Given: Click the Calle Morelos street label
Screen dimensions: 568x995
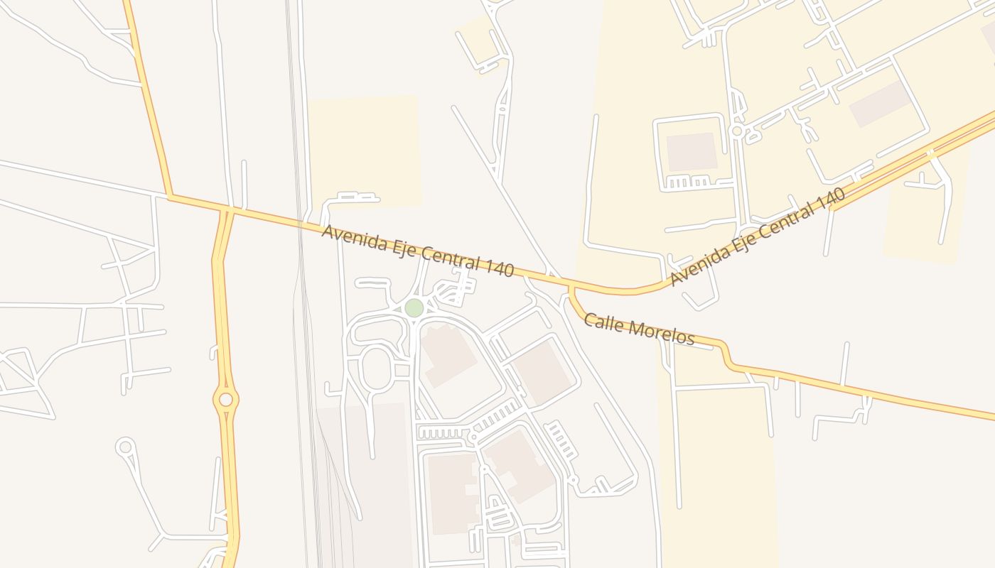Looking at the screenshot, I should coord(639,329).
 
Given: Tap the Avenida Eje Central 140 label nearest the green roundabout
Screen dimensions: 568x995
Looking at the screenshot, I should coord(417,251).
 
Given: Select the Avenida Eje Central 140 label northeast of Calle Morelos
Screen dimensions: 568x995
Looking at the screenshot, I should coord(758,236).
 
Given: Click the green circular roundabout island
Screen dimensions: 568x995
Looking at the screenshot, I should coord(414,308).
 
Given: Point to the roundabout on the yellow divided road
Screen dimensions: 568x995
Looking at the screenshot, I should coord(226,400).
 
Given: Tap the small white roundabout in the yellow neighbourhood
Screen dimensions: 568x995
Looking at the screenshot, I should coord(737,131).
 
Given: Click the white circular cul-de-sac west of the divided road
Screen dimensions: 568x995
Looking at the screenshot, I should coord(126,447).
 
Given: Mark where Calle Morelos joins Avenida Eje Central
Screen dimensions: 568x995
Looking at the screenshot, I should coord(570,287).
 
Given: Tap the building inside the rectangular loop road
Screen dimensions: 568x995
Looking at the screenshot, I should coord(690,152).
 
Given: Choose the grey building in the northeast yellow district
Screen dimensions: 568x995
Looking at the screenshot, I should coord(880,104).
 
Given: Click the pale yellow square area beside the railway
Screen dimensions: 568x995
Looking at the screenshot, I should coord(364,151).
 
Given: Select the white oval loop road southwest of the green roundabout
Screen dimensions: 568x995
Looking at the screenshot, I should coord(377,368).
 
